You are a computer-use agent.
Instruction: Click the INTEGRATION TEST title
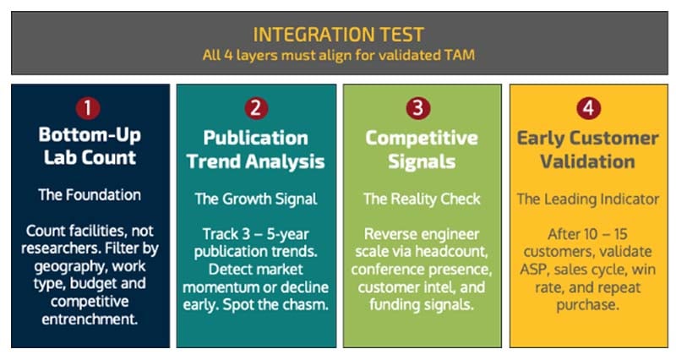pyautogui.click(x=338, y=34)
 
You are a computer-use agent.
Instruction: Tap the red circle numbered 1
pyautogui.click(x=90, y=108)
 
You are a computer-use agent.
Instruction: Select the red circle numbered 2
pyautogui.click(x=255, y=108)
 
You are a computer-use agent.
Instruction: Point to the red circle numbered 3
pyautogui.click(x=421, y=108)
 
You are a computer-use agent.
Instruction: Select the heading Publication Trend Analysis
pyautogui.click(x=255, y=148)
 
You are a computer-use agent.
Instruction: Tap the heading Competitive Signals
pyautogui.click(x=421, y=148)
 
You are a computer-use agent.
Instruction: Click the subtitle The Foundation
pyautogui.click(x=90, y=194)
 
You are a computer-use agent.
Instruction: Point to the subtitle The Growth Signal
pyautogui.click(x=255, y=199)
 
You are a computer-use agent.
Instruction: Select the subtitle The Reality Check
pyautogui.click(x=421, y=199)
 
